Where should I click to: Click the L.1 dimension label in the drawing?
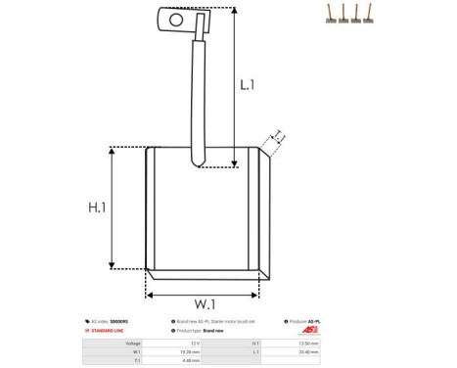pos(248,85)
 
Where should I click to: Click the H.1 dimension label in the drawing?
pos(97,208)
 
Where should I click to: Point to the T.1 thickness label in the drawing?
pos(277,136)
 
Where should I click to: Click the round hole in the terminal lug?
pos(176,18)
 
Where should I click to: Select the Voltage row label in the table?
pos(132,344)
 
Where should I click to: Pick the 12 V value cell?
pos(195,344)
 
